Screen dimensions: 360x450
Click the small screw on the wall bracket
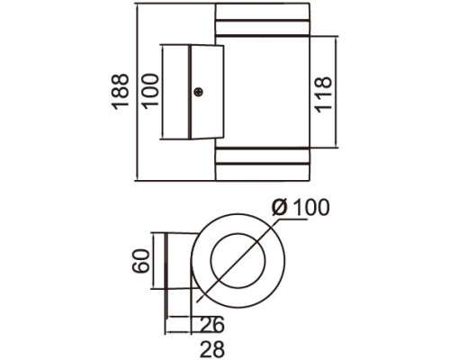pyautogui.click(x=198, y=91)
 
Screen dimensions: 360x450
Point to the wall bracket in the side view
pyautogui.click(x=190, y=92)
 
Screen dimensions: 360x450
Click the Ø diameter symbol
pyautogui.click(x=280, y=208)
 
